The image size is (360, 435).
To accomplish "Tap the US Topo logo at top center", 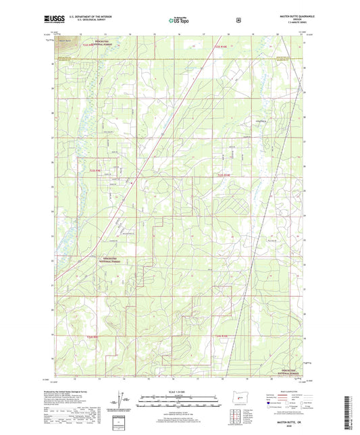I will [179, 21].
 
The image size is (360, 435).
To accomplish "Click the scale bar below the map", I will [179, 401].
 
